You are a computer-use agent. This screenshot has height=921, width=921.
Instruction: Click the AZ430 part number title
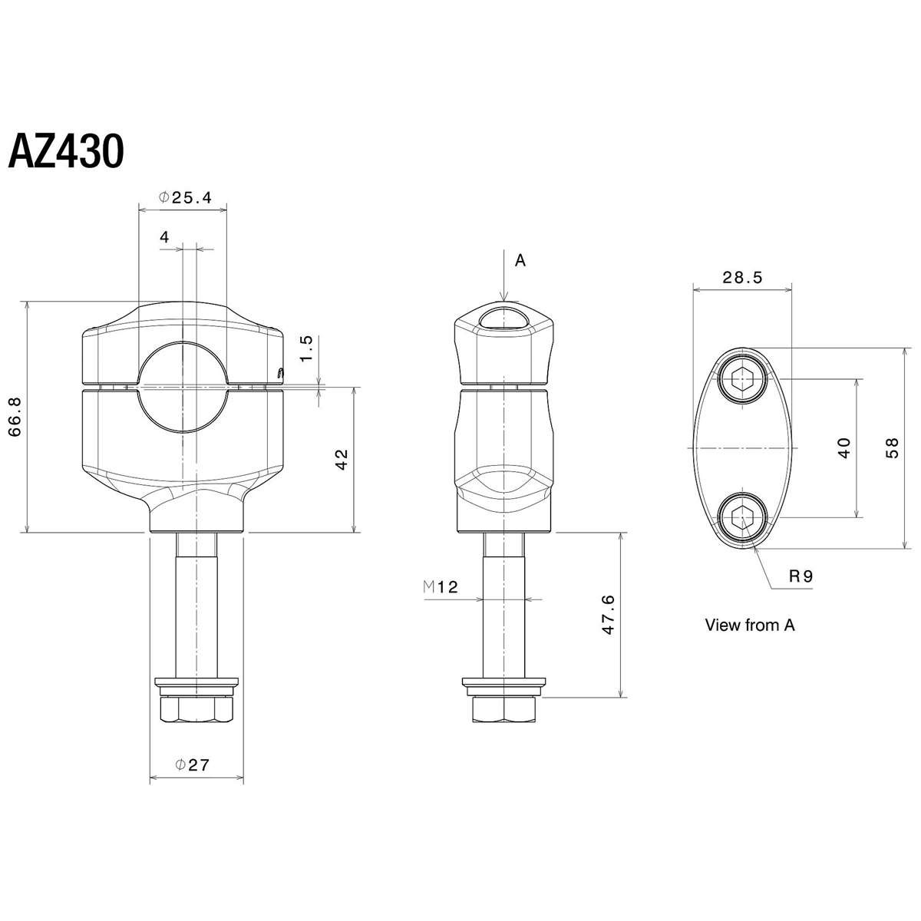67,150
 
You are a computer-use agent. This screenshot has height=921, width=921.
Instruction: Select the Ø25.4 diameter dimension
185,197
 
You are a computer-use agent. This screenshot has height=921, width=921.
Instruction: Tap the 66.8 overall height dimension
15,418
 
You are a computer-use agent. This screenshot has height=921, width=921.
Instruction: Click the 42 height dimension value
342,460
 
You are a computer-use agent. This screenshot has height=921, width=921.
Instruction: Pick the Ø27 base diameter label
192,765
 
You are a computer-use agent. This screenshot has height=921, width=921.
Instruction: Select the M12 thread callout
441,586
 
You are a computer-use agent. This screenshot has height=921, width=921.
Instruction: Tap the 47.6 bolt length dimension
608,615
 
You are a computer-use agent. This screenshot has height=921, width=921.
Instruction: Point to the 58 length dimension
892,447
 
